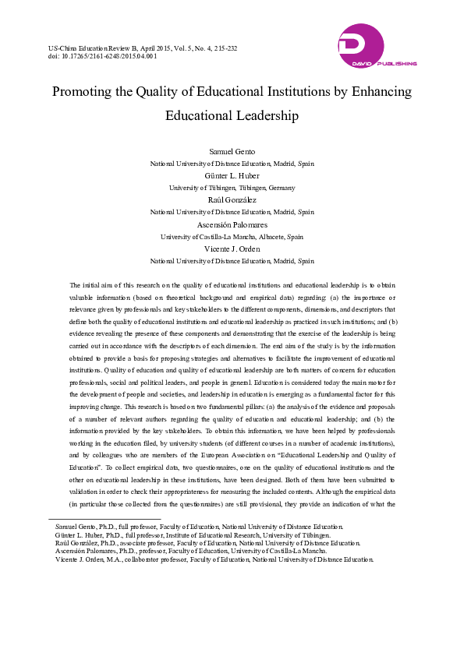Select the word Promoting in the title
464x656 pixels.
(x=82, y=92)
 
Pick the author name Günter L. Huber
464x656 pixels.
(x=232, y=176)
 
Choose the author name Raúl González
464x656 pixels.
(x=232, y=200)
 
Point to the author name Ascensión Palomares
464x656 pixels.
(x=232, y=224)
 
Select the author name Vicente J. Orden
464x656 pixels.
(x=232, y=249)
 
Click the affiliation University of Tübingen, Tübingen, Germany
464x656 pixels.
(x=232, y=188)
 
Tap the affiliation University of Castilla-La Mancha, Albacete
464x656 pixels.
(x=232, y=236)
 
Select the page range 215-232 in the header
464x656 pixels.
(x=225, y=48)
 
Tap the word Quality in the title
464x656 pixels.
(x=176, y=92)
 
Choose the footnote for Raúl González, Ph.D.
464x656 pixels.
(x=207, y=544)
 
